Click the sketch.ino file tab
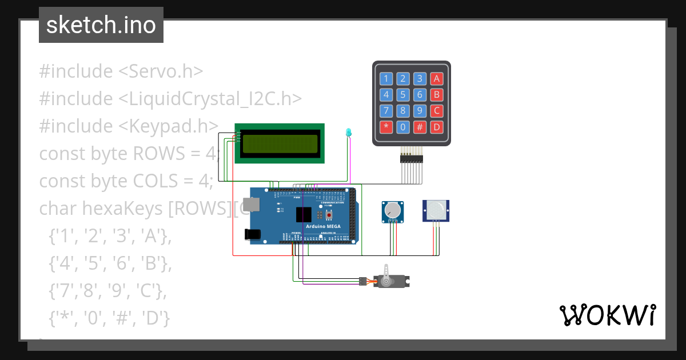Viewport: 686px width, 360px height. tap(101, 25)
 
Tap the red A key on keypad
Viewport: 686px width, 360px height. tap(437, 79)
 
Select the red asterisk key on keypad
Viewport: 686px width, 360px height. tap(386, 127)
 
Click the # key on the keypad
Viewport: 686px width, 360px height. tap(420, 127)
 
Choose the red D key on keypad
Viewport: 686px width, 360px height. tap(437, 127)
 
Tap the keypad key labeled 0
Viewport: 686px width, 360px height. tap(403, 127)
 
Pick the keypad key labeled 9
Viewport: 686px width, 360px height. tap(420, 111)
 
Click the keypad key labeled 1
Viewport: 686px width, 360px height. tap(386, 79)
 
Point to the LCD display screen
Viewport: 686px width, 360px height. tap(280, 144)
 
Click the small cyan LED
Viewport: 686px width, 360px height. tap(348, 133)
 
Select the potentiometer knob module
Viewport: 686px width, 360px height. tap(393, 211)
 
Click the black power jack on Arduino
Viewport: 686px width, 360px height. tap(252, 234)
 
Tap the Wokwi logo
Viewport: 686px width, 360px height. tap(607, 315)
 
